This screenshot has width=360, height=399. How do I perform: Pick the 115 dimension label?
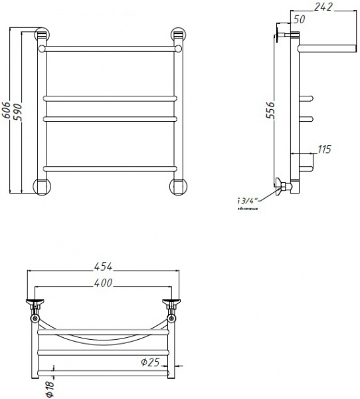click(x=324, y=150)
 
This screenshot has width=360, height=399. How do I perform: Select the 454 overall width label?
click(x=102, y=267)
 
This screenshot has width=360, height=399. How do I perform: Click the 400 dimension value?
click(x=102, y=283)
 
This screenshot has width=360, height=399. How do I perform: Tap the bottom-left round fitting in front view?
click(x=41, y=186)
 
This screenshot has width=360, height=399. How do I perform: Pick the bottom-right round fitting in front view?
click(x=177, y=186)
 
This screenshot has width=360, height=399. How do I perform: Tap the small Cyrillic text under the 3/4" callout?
click(x=246, y=209)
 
